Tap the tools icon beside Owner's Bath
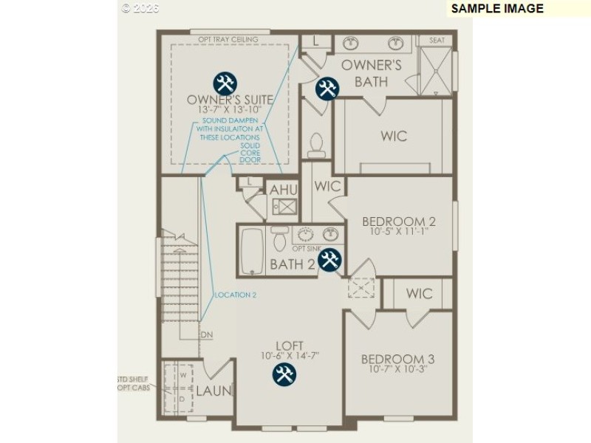(x=327, y=89)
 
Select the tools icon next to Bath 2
(x=330, y=259)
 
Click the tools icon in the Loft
(x=284, y=374)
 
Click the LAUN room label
(x=213, y=391)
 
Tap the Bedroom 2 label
(x=398, y=221)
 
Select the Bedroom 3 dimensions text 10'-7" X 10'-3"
(x=397, y=371)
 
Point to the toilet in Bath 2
(x=280, y=238)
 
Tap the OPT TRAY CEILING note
(x=228, y=39)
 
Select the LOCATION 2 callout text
(x=235, y=295)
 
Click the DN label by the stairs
(x=206, y=334)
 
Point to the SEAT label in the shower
(x=437, y=41)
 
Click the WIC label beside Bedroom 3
(x=419, y=293)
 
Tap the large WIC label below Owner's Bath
(x=393, y=137)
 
